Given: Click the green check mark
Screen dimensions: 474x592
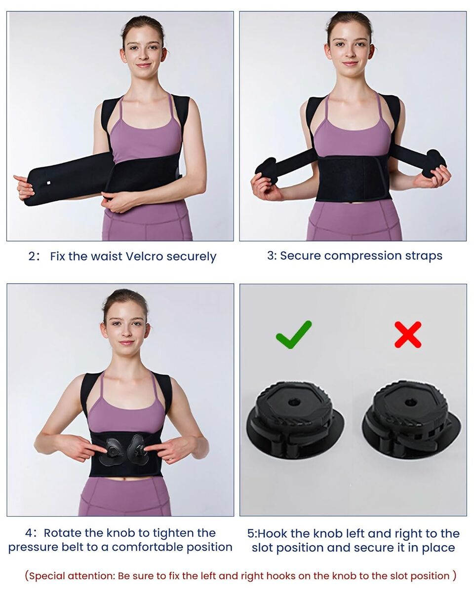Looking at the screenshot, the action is [293, 335].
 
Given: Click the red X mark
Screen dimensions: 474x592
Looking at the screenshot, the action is [408, 334].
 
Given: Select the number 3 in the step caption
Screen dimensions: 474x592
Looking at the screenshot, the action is [271, 256].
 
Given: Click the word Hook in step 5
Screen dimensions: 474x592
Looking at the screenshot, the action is [272, 533].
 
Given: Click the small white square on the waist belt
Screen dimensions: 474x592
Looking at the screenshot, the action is [48, 183].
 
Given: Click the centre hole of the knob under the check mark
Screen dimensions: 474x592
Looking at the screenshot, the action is [294, 403].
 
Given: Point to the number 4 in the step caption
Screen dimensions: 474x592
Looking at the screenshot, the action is [29, 533].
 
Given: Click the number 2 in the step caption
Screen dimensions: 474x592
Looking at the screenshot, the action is [32, 257].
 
